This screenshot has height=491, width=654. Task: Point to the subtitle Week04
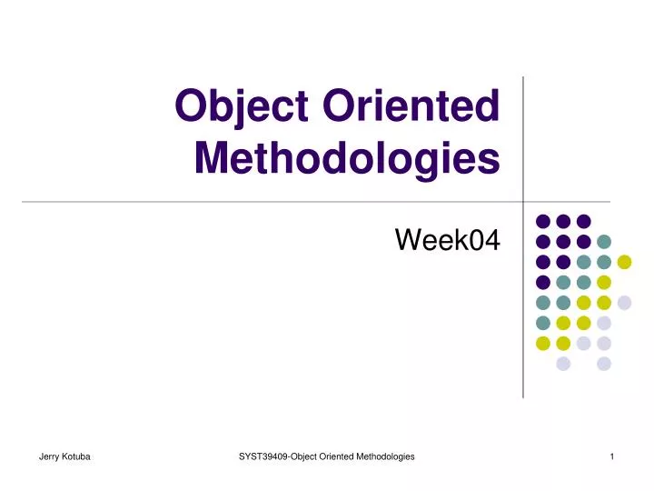coord(448,240)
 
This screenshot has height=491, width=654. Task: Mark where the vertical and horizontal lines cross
coord(523,201)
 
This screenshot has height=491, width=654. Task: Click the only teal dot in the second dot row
coord(604,241)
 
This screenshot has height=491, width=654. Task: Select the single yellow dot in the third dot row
coord(624,262)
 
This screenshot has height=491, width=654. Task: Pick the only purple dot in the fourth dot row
coord(543,282)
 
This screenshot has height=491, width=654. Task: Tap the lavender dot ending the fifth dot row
coord(624,302)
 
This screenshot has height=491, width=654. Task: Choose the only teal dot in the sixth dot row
coord(543,323)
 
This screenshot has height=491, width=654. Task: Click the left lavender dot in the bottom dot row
coord(563,364)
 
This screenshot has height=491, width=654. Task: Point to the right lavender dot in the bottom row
coord(604,364)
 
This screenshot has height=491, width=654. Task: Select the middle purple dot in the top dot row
coord(563,221)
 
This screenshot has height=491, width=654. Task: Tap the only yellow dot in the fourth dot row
coord(604,282)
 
